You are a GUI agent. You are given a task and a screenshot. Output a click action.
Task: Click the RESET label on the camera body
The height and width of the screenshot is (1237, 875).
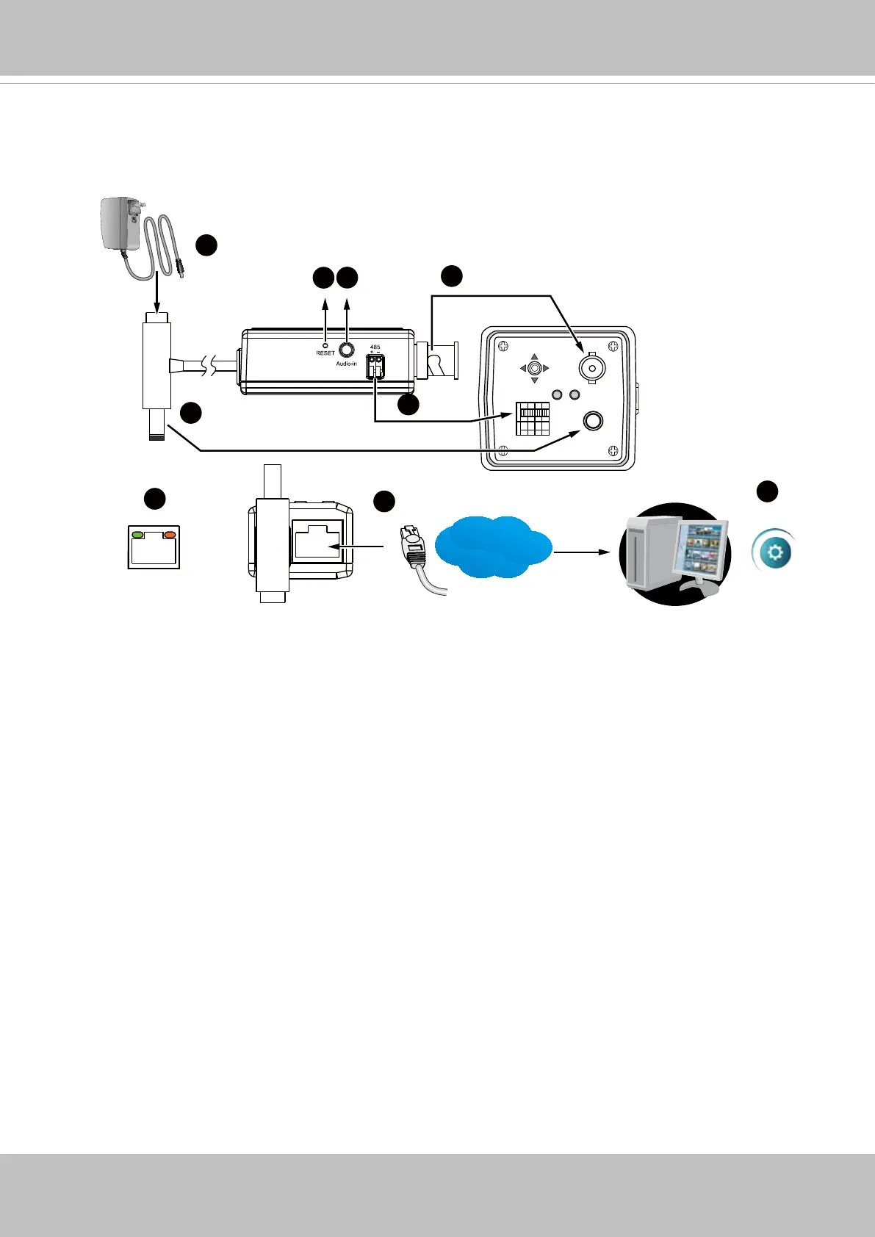point(325,353)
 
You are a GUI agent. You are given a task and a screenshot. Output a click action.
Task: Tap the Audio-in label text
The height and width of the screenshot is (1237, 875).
point(346,364)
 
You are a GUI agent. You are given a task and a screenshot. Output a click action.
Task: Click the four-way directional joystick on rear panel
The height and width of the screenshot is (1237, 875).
point(535,368)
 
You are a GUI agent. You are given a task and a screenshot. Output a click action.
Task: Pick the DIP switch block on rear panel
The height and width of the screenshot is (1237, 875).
point(533,418)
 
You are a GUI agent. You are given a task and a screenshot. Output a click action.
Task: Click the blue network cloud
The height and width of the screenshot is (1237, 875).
point(493,547)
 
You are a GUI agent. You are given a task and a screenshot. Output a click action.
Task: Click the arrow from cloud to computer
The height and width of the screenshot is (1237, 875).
point(583,550)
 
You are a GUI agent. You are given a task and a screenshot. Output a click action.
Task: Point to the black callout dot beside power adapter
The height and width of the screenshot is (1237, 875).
point(206,245)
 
